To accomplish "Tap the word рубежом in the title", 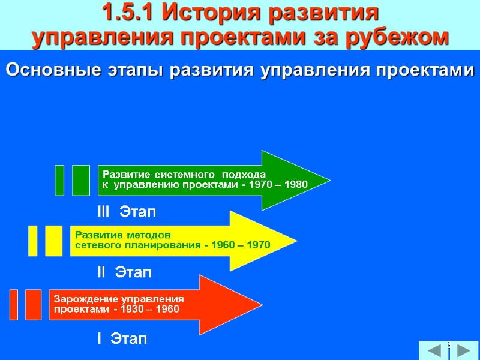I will click(397, 37).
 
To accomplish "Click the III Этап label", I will click(126, 212).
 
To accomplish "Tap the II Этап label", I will click(124, 273).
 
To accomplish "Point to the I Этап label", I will click(122, 339).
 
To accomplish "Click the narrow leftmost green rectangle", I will click(59, 180).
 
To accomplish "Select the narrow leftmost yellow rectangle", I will click(33, 241).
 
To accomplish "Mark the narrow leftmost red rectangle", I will click(14, 304).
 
